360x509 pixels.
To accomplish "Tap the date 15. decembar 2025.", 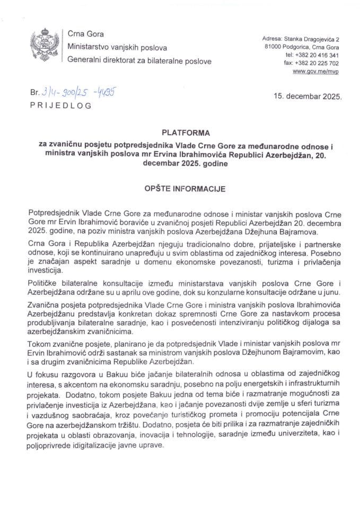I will [x=308, y=98].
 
